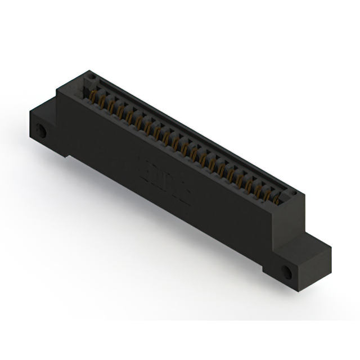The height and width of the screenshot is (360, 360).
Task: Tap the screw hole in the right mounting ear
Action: (x=287, y=271)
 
